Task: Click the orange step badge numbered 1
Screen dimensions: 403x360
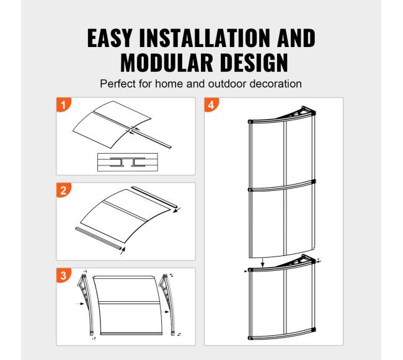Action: [63, 105]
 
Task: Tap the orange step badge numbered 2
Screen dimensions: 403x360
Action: [63, 190]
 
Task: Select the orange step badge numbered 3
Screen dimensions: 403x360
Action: [63, 275]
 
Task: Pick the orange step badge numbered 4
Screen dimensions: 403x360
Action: [211, 105]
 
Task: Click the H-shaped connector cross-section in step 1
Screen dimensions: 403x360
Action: [128, 162]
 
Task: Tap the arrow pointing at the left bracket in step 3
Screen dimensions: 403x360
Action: [80, 304]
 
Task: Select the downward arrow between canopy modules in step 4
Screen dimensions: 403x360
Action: [262, 263]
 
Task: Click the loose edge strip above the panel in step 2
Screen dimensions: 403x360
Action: [154, 197]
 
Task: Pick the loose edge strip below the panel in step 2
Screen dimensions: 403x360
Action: [98, 238]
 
